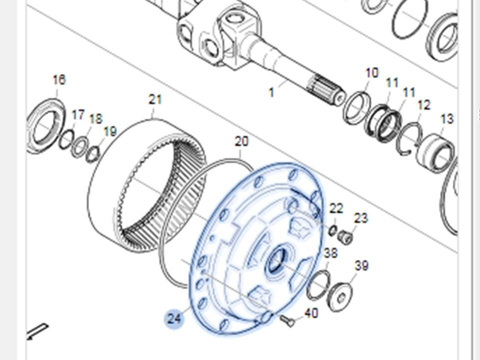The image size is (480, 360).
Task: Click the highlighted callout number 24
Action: (x=174, y=319)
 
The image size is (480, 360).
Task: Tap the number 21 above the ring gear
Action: (x=155, y=99)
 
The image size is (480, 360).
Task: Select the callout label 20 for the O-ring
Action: (x=241, y=141)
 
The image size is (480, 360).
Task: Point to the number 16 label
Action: (x=59, y=79)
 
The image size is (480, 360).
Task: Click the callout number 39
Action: (x=361, y=265)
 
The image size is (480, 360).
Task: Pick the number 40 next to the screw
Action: (x=311, y=313)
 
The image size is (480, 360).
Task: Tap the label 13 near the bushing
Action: (x=446, y=119)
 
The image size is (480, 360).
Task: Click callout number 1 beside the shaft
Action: (x=271, y=92)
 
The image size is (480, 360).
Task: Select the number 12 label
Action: (x=424, y=105)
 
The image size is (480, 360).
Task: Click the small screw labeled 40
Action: (x=287, y=321)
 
